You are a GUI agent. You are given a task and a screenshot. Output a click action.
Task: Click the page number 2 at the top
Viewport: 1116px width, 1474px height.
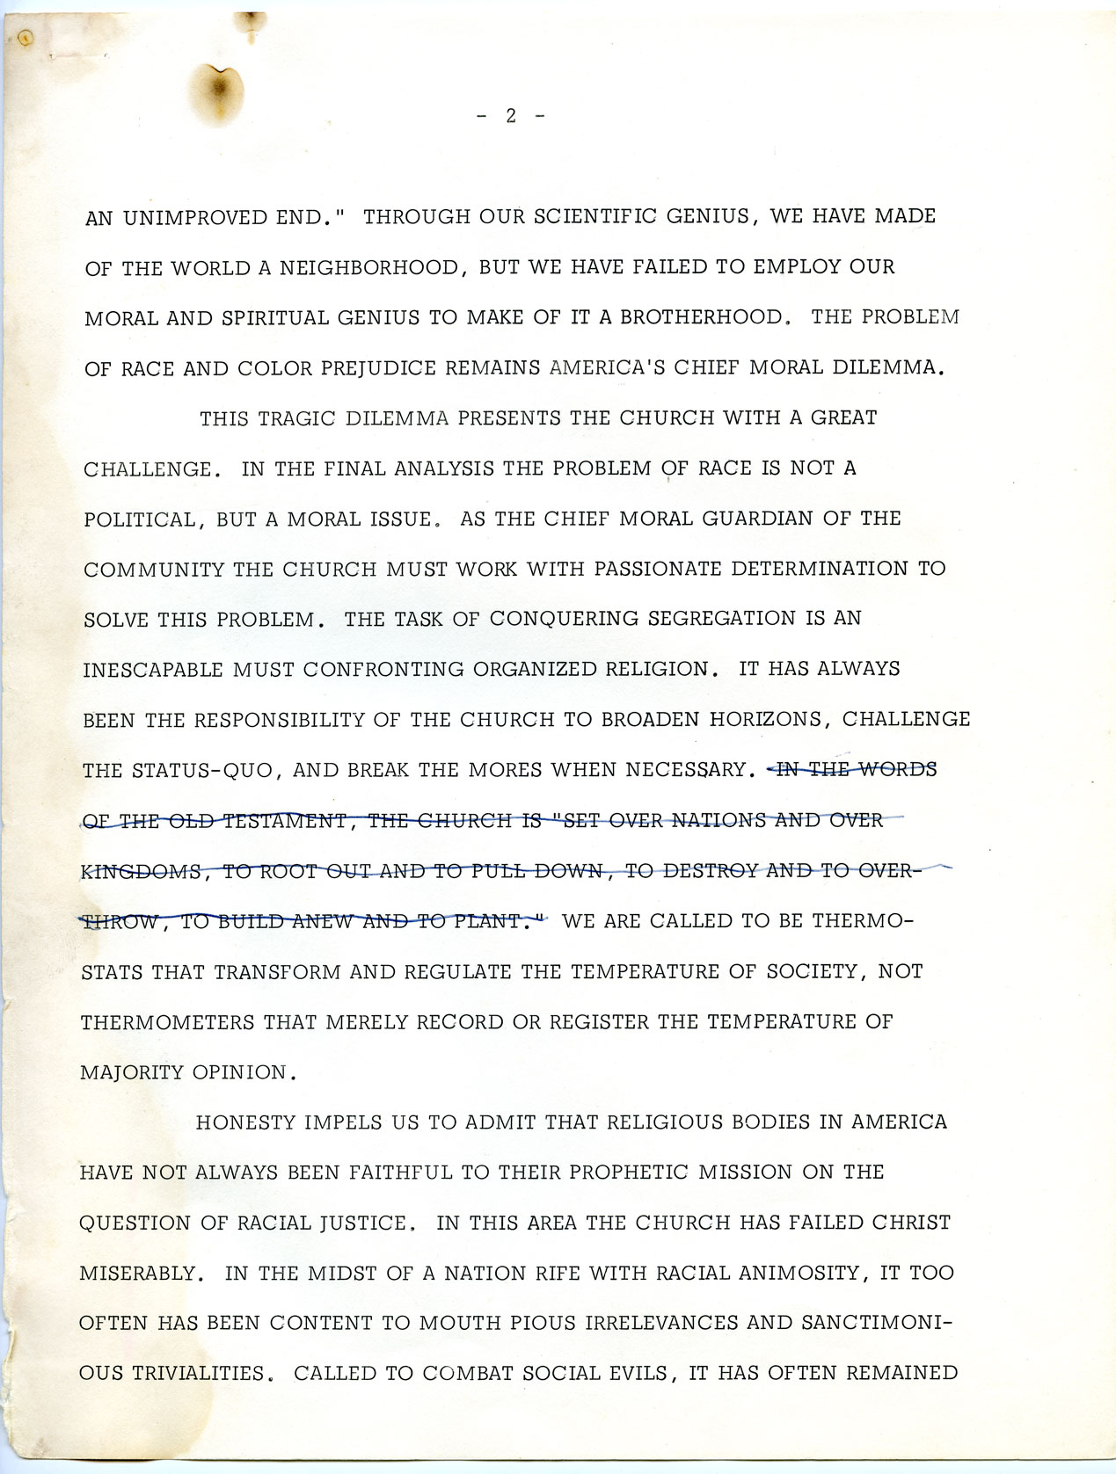[510, 115]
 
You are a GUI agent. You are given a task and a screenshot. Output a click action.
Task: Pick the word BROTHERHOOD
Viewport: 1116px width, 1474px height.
[701, 317]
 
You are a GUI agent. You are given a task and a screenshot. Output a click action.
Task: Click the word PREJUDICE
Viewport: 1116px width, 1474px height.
[378, 368]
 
